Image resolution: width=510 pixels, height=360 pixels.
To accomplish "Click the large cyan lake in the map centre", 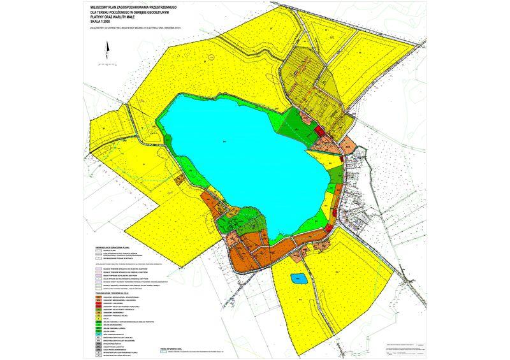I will [x=242, y=153].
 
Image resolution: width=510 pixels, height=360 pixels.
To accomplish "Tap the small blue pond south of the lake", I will [x=297, y=278].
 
